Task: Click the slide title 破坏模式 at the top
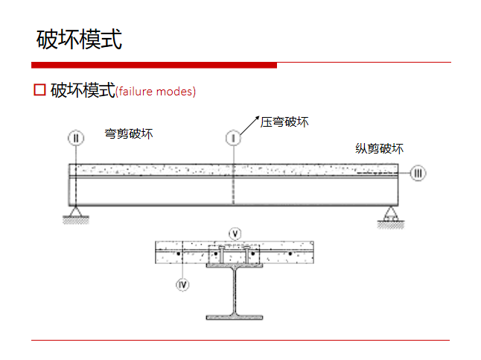(79, 40)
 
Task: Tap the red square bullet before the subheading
(40, 90)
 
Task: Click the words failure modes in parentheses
(156, 92)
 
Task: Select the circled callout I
(233, 138)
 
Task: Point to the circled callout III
(418, 174)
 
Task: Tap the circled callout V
(235, 233)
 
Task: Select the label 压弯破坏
(284, 121)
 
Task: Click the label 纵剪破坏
(379, 148)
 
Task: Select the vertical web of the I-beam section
(235, 291)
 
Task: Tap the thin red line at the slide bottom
(240, 340)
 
